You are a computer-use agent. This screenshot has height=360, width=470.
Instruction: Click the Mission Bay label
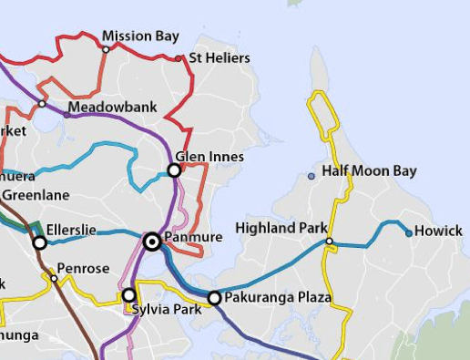(x=140, y=36)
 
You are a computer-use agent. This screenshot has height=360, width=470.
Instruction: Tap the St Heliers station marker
(x=179, y=58)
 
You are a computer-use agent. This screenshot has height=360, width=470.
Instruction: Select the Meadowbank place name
(x=113, y=108)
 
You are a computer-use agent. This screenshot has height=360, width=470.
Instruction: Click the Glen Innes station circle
(x=174, y=170)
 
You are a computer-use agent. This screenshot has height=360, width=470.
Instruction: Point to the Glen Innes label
(x=209, y=157)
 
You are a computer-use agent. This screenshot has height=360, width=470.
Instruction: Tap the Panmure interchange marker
(x=152, y=242)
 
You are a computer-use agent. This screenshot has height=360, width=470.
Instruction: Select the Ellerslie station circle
(x=39, y=242)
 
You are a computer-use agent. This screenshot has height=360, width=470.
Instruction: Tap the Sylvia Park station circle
(x=128, y=294)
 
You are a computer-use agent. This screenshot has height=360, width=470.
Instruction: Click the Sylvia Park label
(x=164, y=310)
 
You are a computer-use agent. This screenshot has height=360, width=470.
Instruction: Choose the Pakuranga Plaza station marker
(x=214, y=298)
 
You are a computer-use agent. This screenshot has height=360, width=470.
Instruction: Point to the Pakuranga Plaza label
(x=279, y=298)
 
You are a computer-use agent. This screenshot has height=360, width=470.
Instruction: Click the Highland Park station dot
(x=330, y=242)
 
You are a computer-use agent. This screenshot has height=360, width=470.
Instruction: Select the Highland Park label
(x=281, y=227)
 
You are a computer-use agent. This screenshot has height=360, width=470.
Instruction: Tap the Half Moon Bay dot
(x=312, y=175)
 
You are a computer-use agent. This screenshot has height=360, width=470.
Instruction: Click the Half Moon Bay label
(x=369, y=171)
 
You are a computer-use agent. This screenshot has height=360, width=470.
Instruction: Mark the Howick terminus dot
(x=409, y=233)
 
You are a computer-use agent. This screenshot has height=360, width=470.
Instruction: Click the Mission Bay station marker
(x=106, y=49)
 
